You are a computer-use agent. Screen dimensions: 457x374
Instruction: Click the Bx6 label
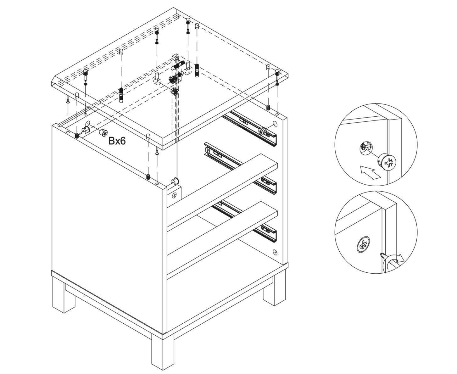117,141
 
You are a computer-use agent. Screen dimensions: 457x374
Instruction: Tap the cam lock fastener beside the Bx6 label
103,133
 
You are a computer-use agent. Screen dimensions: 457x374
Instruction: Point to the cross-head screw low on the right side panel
275,252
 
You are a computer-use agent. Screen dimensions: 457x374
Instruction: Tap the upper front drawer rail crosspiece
222,192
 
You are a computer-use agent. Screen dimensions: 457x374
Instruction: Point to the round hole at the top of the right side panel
275,124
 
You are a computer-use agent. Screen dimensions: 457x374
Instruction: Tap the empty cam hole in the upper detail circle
365,149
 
